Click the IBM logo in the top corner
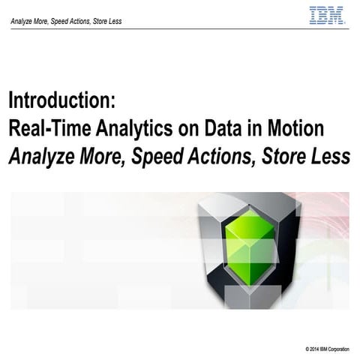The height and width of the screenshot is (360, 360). click(327, 15)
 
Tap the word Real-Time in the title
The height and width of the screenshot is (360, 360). click(46, 128)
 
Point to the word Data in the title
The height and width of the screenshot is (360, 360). click(229, 128)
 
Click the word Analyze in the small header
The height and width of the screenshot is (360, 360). click(22, 21)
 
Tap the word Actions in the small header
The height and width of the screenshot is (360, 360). click(80, 21)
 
